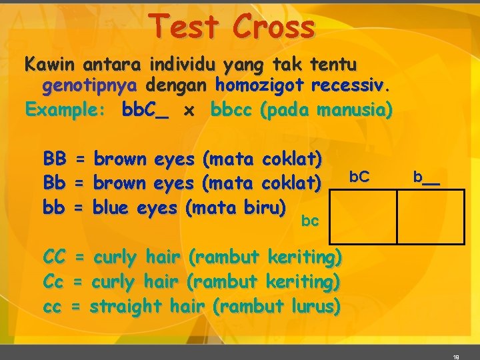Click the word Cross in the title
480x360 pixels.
click(x=274, y=27)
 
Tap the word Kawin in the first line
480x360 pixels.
click(x=50, y=65)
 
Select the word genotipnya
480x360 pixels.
click(x=90, y=86)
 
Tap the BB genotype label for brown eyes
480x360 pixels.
click(x=55, y=159)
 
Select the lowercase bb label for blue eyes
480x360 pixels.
click(x=55, y=207)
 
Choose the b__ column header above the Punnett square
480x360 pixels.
click(x=427, y=177)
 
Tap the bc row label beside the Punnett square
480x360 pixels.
click(x=310, y=221)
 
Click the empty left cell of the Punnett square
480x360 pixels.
click(x=363, y=217)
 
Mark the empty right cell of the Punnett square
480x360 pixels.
click(x=430, y=217)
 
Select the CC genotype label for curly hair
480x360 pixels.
click(x=55, y=257)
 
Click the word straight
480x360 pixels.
click(x=125, y=306)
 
